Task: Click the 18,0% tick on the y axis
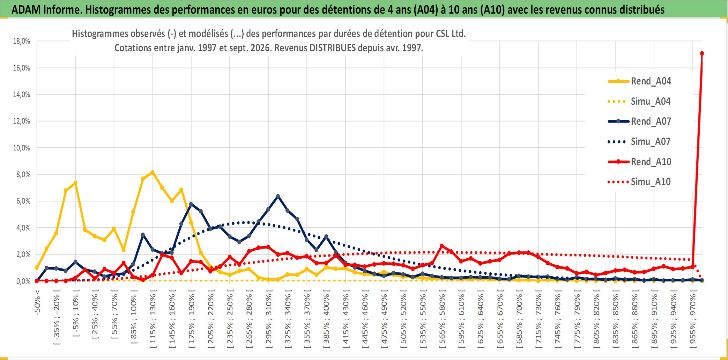(x=22, y=41)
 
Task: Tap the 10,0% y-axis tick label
(x=22, y=148)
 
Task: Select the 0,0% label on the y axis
(x=23, y=281)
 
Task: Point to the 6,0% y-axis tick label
(x=23, y=201)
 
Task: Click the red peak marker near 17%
(x=702, y=53)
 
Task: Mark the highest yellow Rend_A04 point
(x=153, y=172)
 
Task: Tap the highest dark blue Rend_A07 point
(x=278, y=196)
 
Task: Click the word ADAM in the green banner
(x=26, y=10)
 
